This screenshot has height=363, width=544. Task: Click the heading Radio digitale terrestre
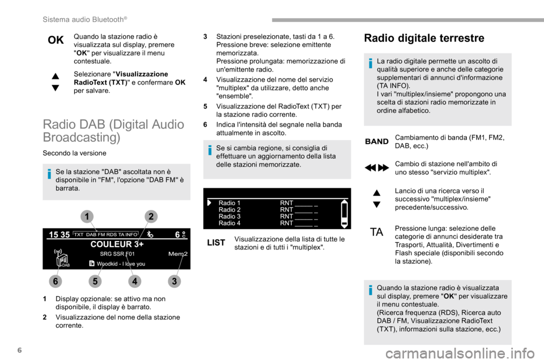click(x=424, y=38)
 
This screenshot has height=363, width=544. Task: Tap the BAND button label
click(x=376, y=141)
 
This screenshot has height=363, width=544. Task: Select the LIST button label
click(x=216, y=242)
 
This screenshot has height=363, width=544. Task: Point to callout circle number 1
click(x=87, y=216)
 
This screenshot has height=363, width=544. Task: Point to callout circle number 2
click(x=151, y=216)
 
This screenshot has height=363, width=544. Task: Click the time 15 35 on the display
click(x=59, y=234)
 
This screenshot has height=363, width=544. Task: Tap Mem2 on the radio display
click(x=177, y=254)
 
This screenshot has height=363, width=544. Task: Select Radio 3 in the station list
click(x=229, y=216)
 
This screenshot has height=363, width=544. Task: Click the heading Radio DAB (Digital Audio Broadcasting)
click(x=113, y=130)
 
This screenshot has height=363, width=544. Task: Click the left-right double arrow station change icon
click(x=376, y=168)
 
